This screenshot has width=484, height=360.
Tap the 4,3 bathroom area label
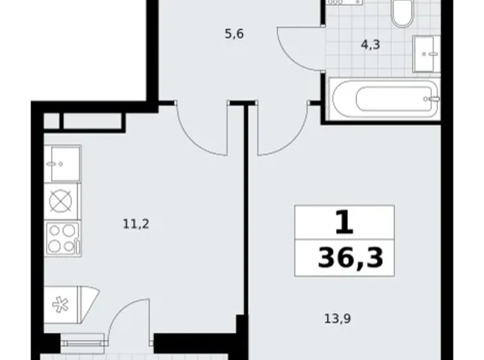(372, 45)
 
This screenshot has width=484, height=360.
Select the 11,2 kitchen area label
(135, 223)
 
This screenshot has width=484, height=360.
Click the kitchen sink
(62, 163)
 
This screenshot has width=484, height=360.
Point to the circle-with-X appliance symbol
(61, 202)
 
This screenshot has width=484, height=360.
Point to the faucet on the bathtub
(435, 98)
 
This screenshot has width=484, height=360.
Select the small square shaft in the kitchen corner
(52, 120)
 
